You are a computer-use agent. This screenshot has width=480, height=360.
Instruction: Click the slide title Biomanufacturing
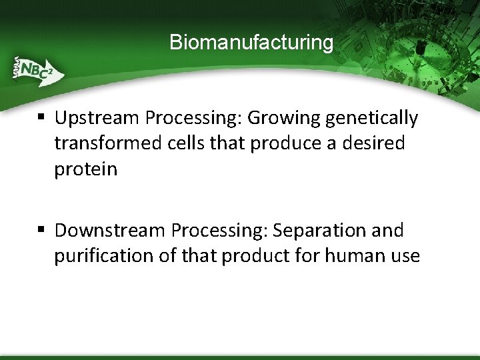[x=251, y=43]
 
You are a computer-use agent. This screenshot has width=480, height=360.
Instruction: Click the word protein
[x=85, y=169]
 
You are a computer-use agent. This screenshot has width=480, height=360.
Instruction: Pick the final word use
[x=405, y=256]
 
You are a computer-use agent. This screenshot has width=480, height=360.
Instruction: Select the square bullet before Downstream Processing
[x=41, y=231]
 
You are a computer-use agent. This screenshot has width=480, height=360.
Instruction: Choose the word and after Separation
[x=387, y=231]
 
